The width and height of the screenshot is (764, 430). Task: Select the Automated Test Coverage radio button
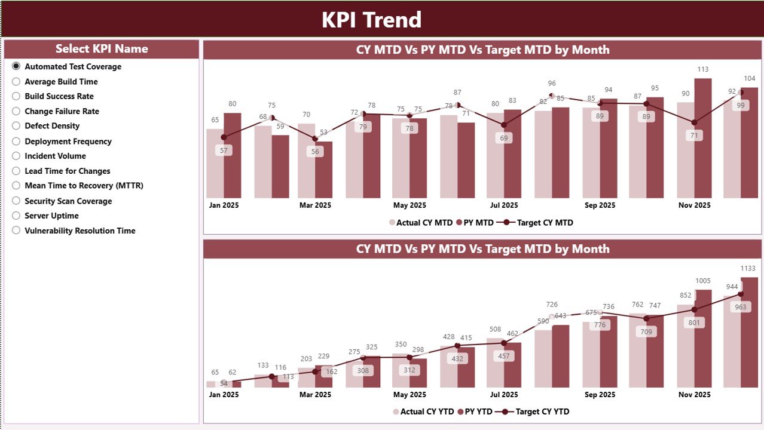click(16, 66)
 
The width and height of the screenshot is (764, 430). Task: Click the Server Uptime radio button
click(16, 216)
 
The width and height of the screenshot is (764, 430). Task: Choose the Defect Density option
click(16, 126)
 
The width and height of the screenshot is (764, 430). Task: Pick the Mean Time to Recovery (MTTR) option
click(16, 186)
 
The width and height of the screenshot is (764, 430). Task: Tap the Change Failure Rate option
click(16, 111)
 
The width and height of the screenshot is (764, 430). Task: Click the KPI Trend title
click(371, 20)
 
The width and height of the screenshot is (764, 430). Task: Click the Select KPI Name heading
click(102, 49)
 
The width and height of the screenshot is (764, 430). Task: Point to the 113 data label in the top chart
click(703, 69)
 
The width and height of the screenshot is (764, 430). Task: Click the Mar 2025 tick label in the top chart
click(315, 205)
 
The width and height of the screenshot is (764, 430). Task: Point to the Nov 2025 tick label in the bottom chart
click(694, 395)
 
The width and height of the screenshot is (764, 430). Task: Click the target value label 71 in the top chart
click(694, 136)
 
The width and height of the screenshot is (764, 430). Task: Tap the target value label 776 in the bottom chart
click(600, 325)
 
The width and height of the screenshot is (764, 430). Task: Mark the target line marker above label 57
click(224, 137)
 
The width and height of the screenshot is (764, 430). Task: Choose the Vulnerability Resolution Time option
click(16, 231)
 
